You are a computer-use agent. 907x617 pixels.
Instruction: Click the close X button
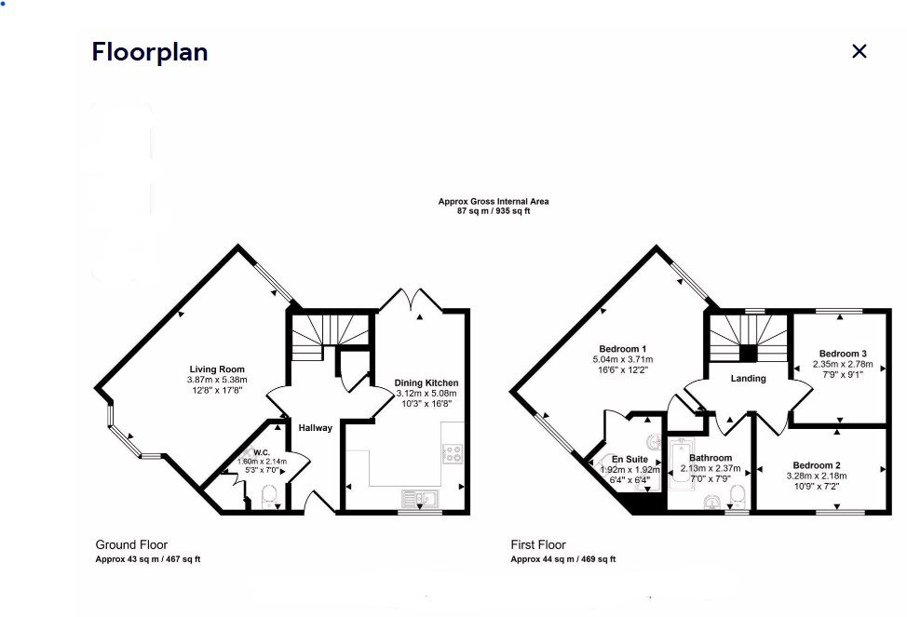point(859,51)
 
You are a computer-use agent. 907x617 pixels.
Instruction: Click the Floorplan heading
point(149,52)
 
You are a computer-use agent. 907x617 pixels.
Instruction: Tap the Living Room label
point(217,369)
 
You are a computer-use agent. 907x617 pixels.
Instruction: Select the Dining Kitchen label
point(426,382)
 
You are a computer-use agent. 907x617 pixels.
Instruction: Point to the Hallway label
point(315,428)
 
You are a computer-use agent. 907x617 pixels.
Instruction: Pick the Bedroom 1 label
point(623,349)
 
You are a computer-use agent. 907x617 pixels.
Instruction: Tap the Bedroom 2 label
point(817,465)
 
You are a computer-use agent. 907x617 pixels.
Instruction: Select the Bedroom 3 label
point(843,354)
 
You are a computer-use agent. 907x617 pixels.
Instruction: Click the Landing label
point(748,379)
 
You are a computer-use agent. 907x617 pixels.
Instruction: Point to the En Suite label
point(629,460)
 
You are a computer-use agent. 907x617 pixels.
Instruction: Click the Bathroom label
point(711,459)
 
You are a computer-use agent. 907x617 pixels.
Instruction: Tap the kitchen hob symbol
point(453,453)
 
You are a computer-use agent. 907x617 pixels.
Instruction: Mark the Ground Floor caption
point(131,544)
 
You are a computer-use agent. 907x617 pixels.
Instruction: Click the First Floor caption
point(538,544)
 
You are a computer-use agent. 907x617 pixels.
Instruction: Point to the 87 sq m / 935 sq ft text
point(494,211)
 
